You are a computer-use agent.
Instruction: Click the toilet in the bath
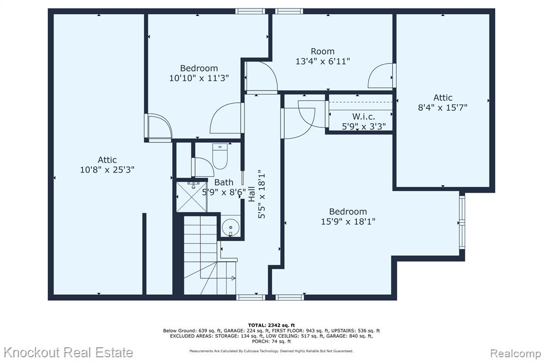click(x=220, y=156)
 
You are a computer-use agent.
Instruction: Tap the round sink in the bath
click(x=230, y=228)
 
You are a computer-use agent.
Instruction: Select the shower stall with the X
click(x=191, y=196)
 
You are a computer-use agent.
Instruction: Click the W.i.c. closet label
click(x=364, y=116)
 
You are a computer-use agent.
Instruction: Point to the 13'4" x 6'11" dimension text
click(x=323, y=61)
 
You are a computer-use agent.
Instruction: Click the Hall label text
click(x=252, y=194)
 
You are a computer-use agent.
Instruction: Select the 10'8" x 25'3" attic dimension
click(x=107, y=170)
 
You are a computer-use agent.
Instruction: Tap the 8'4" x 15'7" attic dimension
click(x=443, y=107)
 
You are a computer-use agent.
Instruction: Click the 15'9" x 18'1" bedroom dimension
click(x=348, y=221)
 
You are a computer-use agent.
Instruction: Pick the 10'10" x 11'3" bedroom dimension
click(x=199, y=78)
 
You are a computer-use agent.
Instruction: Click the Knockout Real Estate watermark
click(x=68, y=353)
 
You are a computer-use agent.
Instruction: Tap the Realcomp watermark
click(x=515, y=354)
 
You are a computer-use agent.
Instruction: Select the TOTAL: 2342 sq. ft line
click(x=271, y=325)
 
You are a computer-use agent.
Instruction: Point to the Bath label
click(x=224, y=182)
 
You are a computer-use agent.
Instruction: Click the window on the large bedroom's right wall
click(x=462, y=222)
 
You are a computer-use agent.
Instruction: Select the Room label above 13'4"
click(x=323, y=51)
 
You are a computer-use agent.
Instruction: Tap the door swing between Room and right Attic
click(x=381, y=75)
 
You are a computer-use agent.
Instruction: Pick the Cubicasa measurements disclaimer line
click(x=271, y=351)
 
